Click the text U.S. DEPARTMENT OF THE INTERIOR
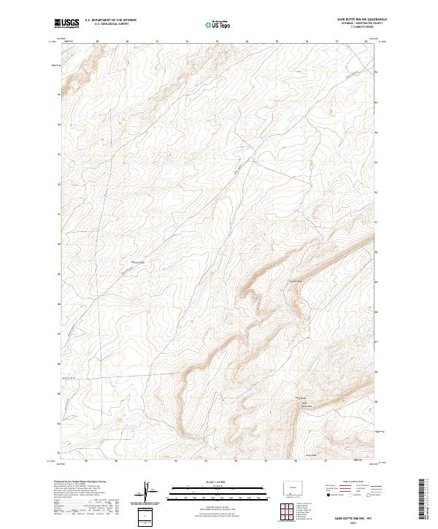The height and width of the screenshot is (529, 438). click(x=110, y=20)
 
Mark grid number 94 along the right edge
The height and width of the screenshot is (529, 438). click(x=376, y=133)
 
